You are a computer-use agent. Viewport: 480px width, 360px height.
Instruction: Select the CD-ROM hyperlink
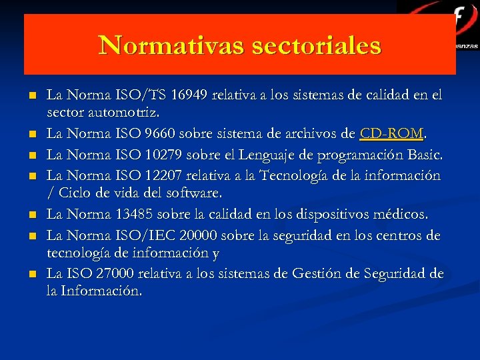click(x=391, y=135)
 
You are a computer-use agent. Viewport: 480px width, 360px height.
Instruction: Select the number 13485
click(x=138, y=215)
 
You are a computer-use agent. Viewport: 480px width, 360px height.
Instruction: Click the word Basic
click(x=425, y=155)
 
